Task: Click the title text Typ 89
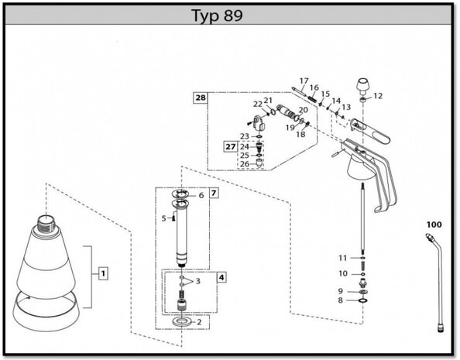tap(217, 15)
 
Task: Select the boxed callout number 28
tap(201, 98)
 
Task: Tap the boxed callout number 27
tap(231, 146)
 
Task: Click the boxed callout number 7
tap(214, 193)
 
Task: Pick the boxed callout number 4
tap(221, 277)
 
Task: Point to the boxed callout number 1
tap(103, 274)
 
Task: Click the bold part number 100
tap(434, 225)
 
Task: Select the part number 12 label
tap(378, 96)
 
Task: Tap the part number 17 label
tap(304, 81)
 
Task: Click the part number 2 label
tap(199, 322)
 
